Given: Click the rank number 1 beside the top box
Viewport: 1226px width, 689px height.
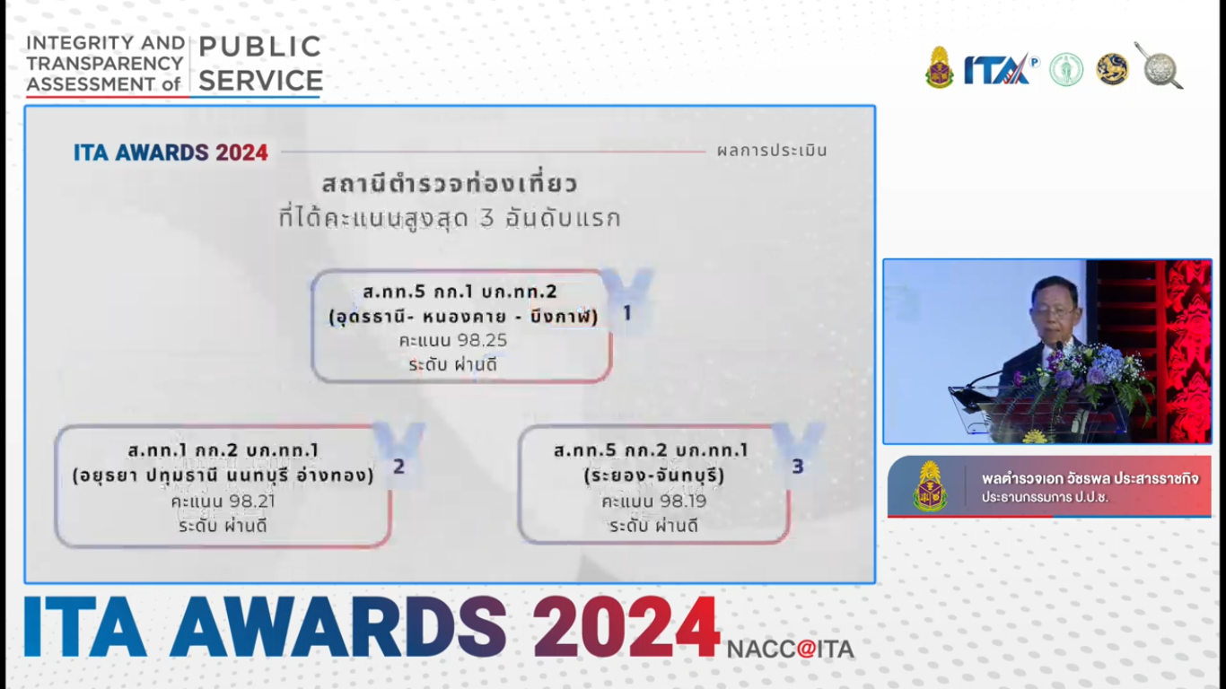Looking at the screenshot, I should [x=627, y=313].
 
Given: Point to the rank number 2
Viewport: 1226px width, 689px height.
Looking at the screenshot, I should [x=399, y=467].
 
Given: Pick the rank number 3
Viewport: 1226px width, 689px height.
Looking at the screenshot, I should [x=798, y=467].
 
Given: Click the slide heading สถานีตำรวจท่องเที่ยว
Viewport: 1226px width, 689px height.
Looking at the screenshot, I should [x=449, y=185].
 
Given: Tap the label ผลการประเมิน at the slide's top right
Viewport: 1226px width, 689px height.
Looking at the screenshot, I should [x=772, y=151].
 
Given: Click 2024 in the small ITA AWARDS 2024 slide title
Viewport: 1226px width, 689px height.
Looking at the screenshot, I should [x=241, y=153].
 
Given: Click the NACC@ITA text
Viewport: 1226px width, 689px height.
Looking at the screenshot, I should [x=790, y=649].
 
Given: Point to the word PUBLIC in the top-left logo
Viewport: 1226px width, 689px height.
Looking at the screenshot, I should [x=259, y=47].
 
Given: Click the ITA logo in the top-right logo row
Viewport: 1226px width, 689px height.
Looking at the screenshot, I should [x=998, y=69].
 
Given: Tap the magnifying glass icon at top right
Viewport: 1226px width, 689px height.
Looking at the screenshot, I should [x=1159, y=65].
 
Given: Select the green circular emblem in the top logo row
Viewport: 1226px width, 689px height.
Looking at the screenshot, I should [x=1066, y=69].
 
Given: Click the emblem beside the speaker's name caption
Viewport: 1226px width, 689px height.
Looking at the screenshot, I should [x=930, y=485].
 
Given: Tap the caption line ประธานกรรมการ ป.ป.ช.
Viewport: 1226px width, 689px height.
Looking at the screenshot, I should [x=1044, y=497].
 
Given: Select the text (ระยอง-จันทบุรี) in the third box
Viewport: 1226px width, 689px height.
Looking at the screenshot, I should [x=653, y=475].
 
